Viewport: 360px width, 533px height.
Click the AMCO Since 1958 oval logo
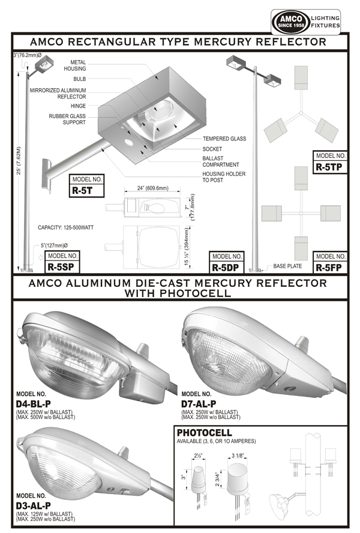292,22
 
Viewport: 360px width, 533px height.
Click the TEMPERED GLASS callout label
224,139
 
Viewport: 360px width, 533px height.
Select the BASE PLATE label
287,265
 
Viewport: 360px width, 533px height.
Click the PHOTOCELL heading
205,433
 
